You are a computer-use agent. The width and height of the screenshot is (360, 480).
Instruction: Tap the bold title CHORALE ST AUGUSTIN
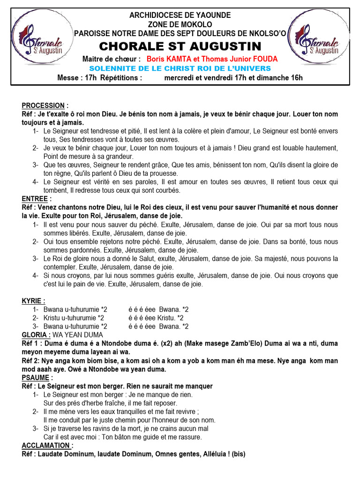tap(180, 46)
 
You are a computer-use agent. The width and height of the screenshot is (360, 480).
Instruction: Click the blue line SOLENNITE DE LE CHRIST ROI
tap(180, 68)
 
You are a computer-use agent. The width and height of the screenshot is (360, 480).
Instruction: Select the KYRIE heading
tap(34, 301)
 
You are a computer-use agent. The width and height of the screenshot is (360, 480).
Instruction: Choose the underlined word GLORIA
tap(36, 335)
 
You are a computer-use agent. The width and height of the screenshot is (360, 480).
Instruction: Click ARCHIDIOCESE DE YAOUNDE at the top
tap(180, 15)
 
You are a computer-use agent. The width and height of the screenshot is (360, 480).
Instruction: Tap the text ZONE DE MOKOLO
tap(180, 24)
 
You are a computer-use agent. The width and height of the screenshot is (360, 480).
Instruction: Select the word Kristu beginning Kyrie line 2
tap(52, 318)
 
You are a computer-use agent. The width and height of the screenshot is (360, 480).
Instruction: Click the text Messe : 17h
tap(77, 78)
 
